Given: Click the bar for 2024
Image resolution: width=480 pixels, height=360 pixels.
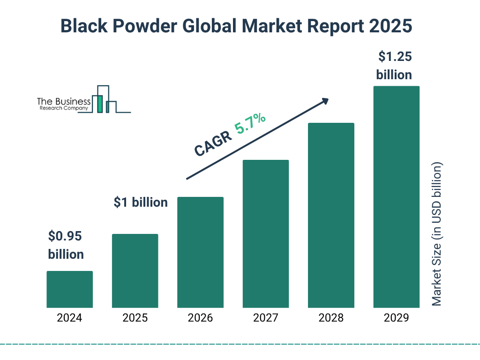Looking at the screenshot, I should tap(69, 289).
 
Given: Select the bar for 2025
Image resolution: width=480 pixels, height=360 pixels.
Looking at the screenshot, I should tap(135, 271).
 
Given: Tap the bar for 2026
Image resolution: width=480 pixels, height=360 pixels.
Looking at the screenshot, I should tap(200, 252).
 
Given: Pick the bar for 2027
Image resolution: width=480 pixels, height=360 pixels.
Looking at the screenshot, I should tap(265, 234).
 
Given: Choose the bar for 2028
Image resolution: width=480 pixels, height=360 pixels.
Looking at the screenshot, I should tap(331, 215).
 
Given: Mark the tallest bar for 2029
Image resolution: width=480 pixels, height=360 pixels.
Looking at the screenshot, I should tap(396, 197).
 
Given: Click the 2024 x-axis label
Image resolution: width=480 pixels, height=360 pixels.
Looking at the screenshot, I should tap(69, 318).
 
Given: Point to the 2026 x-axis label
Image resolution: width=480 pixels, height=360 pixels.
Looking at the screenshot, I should tap(200, 318).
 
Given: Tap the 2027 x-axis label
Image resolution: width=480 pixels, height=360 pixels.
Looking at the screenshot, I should tap(265, 318).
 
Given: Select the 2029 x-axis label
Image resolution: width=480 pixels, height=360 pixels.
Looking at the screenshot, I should tap(396, 318).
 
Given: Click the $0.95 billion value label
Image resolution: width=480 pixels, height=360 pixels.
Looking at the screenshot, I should tap(66, 245).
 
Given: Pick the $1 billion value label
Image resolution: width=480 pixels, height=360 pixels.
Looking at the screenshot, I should tap(141, 202).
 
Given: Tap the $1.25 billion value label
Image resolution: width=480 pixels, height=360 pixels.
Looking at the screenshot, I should tap(394, 66).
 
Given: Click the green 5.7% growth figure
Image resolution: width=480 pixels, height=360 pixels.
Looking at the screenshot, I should tap(250, 124).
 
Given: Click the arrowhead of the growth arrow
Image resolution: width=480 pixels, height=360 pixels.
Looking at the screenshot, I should tap(324, 100).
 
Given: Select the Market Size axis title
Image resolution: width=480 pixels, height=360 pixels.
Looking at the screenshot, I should tap(437, 234).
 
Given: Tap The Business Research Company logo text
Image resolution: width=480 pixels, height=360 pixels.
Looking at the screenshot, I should tap(64, 104).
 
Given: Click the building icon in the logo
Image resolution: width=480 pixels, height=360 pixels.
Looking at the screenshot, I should tap(105, 100).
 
